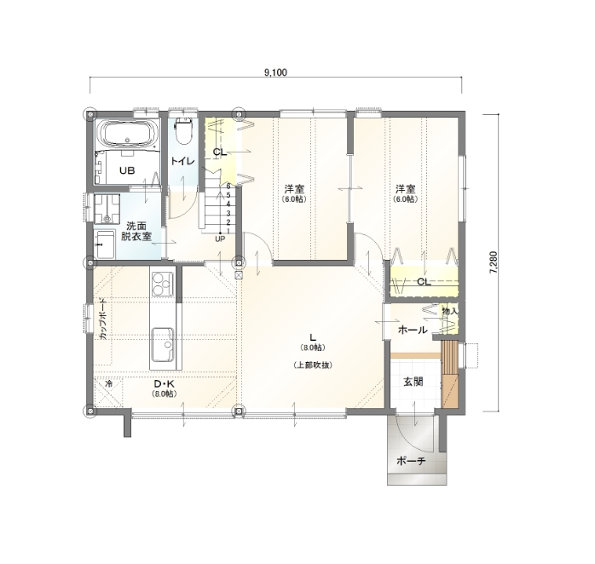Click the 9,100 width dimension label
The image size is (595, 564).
274,72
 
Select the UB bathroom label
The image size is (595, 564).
126,170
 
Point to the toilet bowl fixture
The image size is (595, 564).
182,133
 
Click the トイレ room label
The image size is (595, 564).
182,161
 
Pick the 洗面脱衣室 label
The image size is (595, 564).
136,230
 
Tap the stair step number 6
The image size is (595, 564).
228,186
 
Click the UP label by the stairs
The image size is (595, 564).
220,239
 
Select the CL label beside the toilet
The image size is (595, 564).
218,153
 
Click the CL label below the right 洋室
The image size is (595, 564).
424,281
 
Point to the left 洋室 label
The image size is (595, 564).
295,188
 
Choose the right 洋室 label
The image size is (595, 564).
405,188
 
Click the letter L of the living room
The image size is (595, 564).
313,337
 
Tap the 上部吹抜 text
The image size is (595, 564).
313,365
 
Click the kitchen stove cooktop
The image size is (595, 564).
163,281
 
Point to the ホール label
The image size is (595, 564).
413,330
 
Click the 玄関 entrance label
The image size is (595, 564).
413,381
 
